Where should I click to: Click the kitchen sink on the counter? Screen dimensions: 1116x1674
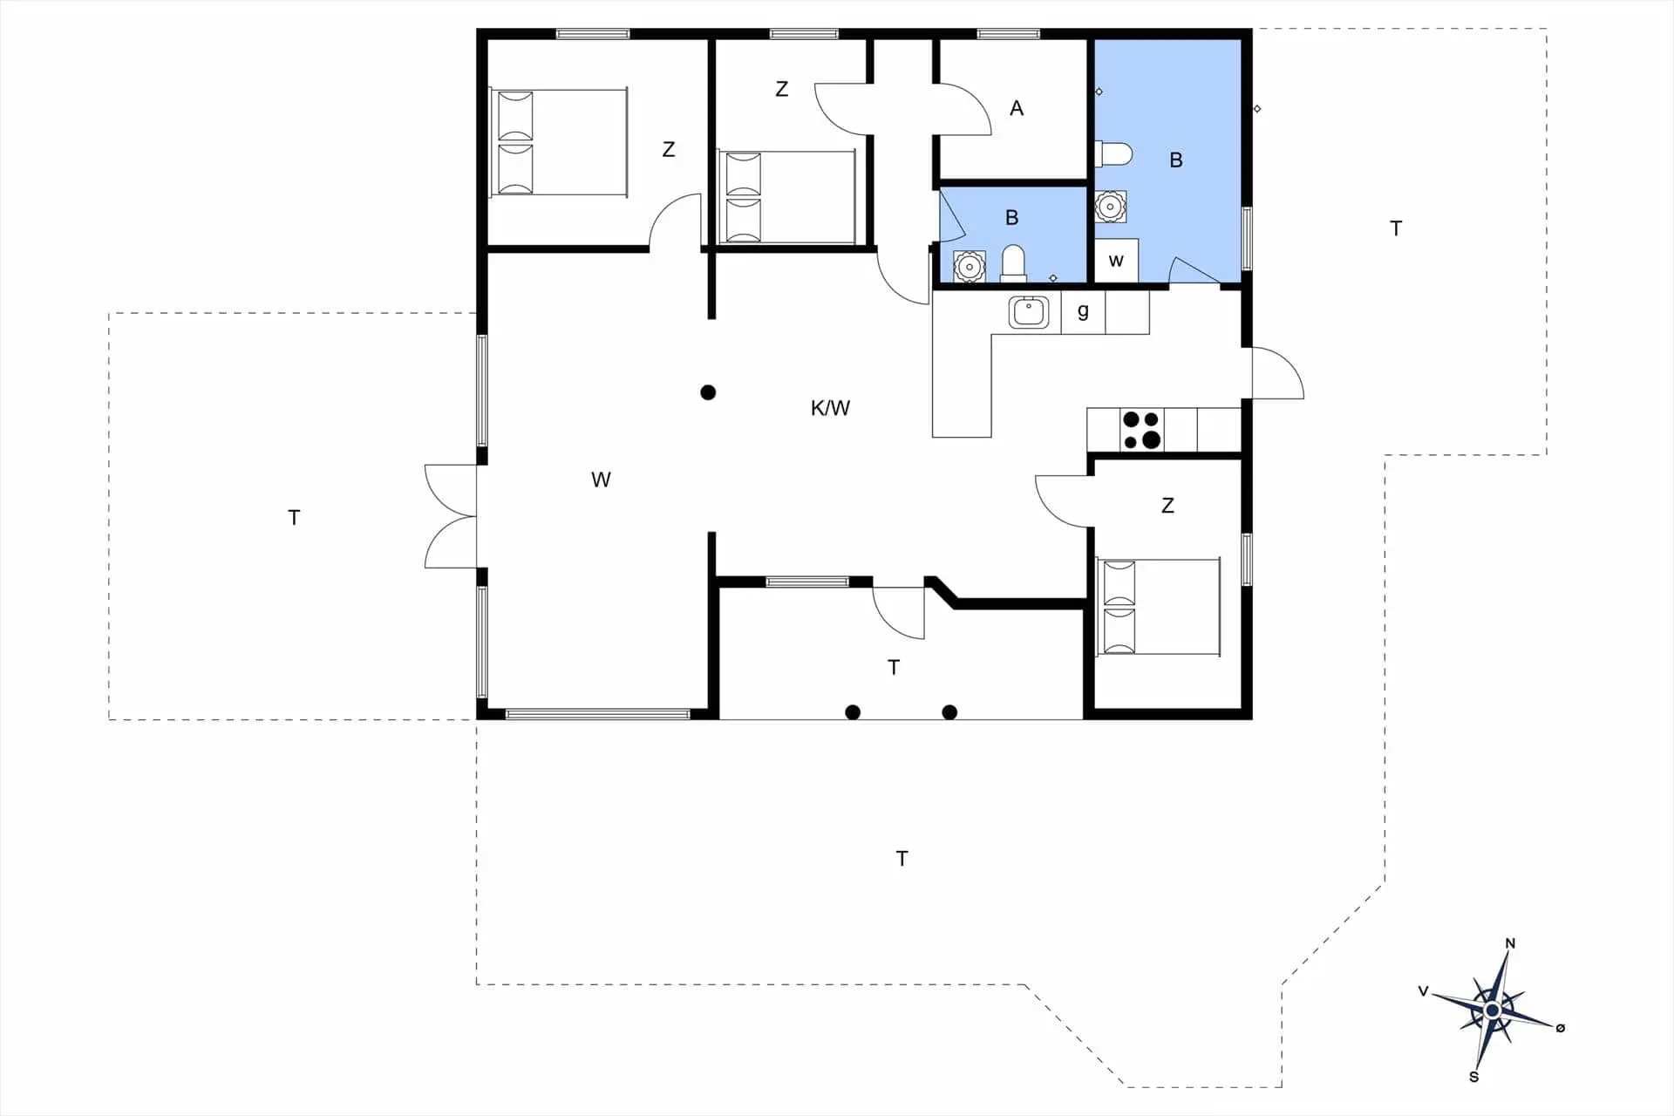tap(1029, 312)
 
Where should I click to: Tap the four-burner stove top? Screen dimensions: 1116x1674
tap(1141, 430)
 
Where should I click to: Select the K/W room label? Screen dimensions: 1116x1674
tap(829, 408)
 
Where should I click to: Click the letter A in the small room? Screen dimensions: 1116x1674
tap(1017, 109)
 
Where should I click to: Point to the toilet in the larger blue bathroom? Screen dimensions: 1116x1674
tap(1113, 154)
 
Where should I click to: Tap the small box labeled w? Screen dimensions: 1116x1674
tap(1116, 261)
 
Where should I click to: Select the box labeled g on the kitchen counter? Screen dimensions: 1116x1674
tap(1083, 312)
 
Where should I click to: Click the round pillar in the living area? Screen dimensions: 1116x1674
tap(708, 392)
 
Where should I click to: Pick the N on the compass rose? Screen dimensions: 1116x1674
tap(1510, 943)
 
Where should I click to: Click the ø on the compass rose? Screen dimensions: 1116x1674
tap(1560, 1028)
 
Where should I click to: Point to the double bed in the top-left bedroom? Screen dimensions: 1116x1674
tap(558, 142)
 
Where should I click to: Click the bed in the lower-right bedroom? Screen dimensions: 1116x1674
tap(1158, 607)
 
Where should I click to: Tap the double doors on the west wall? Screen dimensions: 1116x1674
tap(450, 516)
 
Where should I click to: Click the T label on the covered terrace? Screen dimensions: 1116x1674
tap(894, 668)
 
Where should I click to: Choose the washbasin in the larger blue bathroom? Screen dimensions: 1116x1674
tap(1109, 207)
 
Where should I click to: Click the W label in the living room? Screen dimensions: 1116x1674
tap(601, 480)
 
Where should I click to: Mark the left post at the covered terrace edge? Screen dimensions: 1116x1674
tap(853, 712)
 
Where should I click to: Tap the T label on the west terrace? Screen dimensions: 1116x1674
tap(294, 518)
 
